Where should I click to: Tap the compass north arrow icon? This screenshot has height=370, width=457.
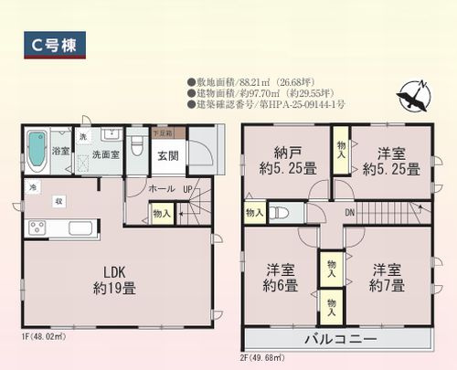click(417, 95)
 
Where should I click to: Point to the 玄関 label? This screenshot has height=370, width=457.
click(168, 155)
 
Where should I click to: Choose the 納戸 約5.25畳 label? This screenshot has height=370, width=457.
click(286, 161)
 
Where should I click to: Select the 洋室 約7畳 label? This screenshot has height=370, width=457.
click(385, 277)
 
